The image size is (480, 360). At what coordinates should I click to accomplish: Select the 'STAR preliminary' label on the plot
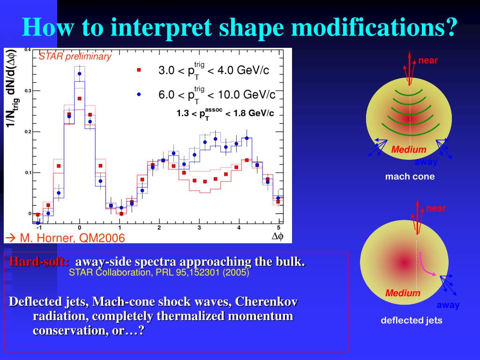click(x=75, y=57)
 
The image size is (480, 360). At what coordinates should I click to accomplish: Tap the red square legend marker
click(x=139, y=70)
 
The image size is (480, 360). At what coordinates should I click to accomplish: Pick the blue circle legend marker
click(x=139, y=94)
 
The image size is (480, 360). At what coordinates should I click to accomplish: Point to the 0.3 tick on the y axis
click(x=28, y=90)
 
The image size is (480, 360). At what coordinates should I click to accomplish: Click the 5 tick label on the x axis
click(x=278, y=228)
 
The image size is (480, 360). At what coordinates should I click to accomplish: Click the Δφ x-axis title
click(x=277, y=237)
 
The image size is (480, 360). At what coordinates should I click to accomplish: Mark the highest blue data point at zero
click(x=80, y=74)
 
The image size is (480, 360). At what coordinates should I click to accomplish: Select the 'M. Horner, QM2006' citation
click(x=65, y=238)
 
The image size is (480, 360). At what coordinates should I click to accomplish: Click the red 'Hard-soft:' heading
click(x=39, y=262)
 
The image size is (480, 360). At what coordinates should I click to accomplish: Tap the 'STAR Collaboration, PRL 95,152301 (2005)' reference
click(x=159, y=272)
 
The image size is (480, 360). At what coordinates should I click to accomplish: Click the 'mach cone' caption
click(x=410, y=177)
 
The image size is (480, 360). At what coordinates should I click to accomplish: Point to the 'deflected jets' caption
click(x=411, y=321)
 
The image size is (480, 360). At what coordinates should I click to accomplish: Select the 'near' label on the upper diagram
click(x=428, y=60)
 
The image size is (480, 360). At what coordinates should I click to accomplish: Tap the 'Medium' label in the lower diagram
click(x=403, y=293)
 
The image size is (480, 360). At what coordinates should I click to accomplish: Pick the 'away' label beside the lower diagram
click(x=448, y=305)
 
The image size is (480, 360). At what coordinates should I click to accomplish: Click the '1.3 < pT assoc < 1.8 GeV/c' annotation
click(x=225, y=113)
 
